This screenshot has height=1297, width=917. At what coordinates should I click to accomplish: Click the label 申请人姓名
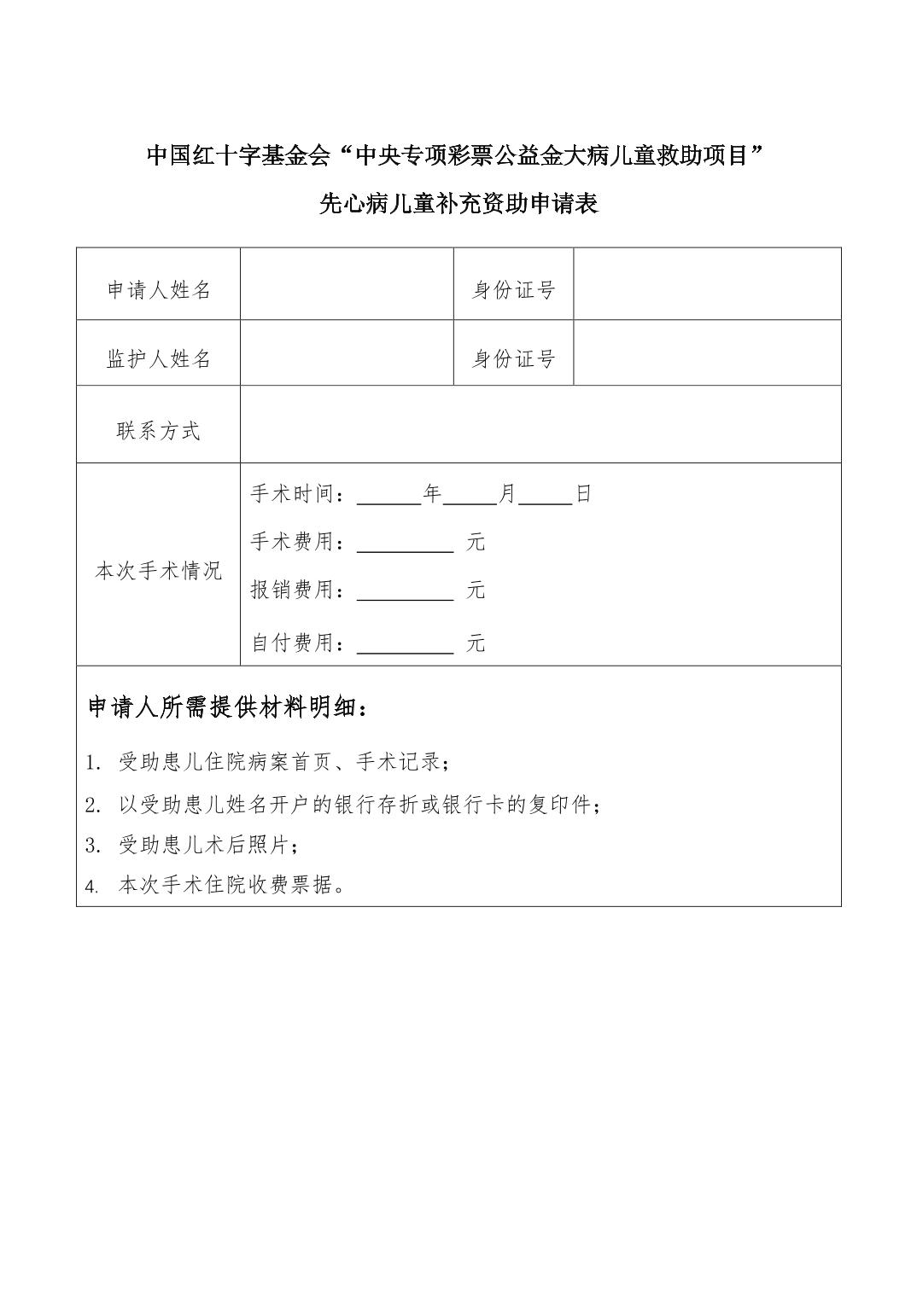click(159, 290)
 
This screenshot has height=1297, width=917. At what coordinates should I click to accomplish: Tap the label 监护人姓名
click(159, 359)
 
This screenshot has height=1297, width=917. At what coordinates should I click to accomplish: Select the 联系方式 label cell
click(159, 431)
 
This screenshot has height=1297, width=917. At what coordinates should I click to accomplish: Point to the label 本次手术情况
click(159, 570)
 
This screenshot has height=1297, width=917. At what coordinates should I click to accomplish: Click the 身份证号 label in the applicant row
click(514, 290)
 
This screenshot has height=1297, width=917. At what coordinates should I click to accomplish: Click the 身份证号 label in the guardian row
click(514, 359)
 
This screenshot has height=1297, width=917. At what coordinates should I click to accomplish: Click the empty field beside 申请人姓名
click(347, 285)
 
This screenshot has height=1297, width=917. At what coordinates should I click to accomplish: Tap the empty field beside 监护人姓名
click(347, 353)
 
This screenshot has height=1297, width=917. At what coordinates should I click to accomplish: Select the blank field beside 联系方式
click(540, 425)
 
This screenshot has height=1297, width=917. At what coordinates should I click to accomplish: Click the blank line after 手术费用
click(405, 544)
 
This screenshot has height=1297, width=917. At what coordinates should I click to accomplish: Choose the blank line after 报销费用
click(405, 592)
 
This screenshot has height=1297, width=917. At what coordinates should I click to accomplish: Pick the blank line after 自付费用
click(405, 645)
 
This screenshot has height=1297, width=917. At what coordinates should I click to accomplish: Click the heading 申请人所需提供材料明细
click(229, 708)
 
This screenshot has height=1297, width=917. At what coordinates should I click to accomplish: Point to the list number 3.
click(93, 846)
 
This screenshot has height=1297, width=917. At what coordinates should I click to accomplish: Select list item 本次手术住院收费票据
click(231, 885)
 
